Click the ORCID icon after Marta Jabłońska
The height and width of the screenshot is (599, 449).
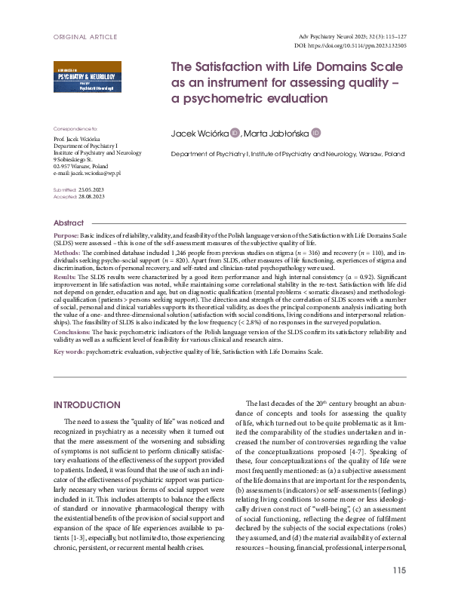coord(316,134)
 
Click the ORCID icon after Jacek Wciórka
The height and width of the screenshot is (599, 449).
coord(234,134)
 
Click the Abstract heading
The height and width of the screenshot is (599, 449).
coord(69,223)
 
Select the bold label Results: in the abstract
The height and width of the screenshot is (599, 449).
coord(69,278)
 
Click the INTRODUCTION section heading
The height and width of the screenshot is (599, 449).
coord(88,404)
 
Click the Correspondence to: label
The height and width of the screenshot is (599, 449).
coord(75,129)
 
